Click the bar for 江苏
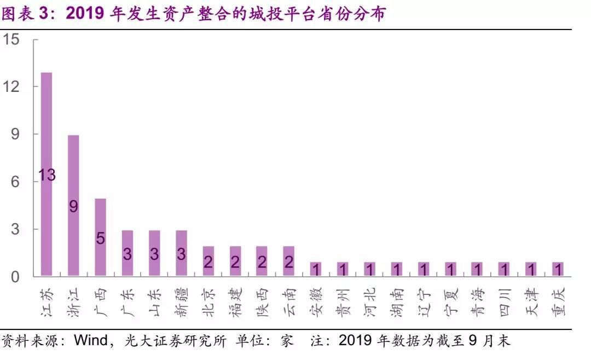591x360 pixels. (47, 174)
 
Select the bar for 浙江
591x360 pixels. (73, 205)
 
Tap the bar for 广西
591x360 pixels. (100, 237)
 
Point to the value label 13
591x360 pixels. (47, 175)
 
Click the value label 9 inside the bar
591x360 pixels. (73, 206)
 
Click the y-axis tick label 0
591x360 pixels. (15, 276)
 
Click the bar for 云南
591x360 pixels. (288, 261)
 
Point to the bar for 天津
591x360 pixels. (531, 269)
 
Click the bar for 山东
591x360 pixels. (154, 253)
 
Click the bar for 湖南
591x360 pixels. (396, 269)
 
